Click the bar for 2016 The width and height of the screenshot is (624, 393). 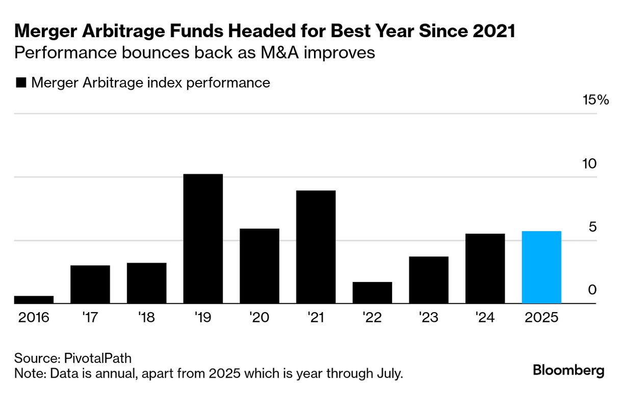click(34, 300)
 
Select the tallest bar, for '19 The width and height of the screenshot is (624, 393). click(203, 239)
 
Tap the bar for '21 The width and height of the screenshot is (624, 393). click(316, 247)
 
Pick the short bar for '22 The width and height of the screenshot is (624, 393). click(372, 293)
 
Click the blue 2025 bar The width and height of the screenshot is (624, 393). click(541, 267)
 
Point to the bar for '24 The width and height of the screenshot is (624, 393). click(485, 268)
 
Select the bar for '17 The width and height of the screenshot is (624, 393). click(90, 284)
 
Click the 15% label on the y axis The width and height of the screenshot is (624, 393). click(596, 100)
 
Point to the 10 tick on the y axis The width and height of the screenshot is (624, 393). click(589, 164)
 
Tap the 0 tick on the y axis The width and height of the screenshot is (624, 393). click(592, 290)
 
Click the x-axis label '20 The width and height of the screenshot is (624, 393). click(259, 318)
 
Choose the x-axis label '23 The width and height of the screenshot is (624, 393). click(428, 318)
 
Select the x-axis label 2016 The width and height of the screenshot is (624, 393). click(34, 318)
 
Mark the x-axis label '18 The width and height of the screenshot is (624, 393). click(146, 318)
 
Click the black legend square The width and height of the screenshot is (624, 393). click(21, 83)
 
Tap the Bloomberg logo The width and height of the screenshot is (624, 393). click(568, 371)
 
